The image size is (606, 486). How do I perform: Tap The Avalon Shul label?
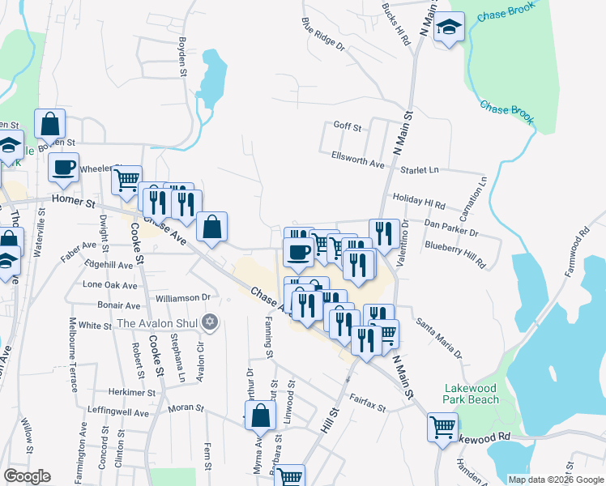point(159,323)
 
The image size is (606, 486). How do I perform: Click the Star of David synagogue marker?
point(211,322)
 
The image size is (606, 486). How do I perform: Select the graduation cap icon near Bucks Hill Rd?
point(448,28)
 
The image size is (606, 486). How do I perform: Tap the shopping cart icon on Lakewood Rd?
point(442,426)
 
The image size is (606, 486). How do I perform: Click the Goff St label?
point(347,127)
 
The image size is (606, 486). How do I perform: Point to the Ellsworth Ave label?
point(357,159)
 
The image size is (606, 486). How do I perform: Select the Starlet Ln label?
point(422,170)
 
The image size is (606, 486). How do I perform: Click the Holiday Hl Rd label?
point(419,199)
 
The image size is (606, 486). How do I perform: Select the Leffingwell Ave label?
point(119,412)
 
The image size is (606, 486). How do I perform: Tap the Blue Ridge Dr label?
point(322,35)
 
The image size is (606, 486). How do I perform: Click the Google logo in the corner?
point(27,475)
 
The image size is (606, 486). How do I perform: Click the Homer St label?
point(74,198)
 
